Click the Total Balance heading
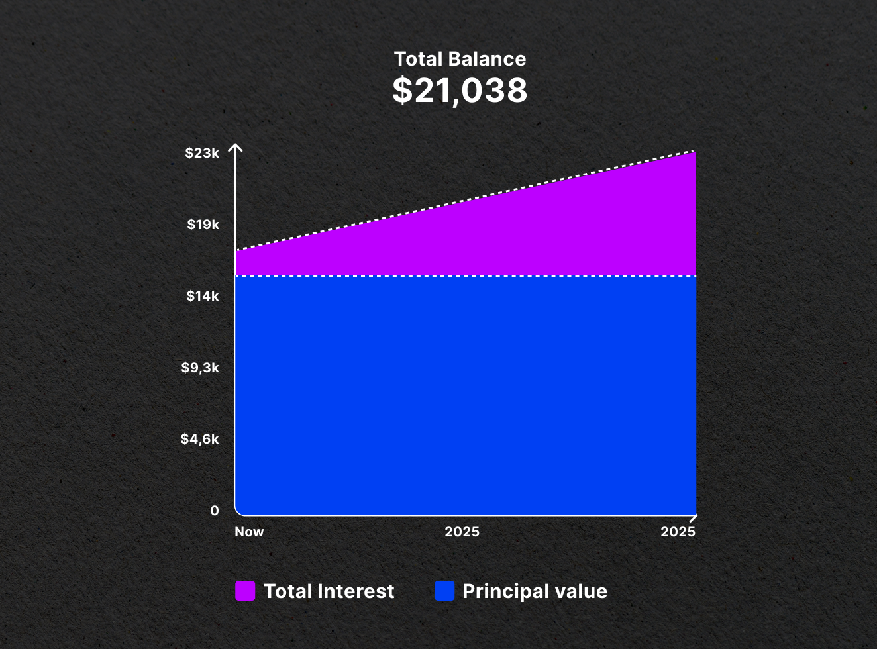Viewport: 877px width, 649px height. click(460, 59)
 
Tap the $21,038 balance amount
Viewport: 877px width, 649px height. click(460, 91)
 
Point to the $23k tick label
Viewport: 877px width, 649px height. click(202, 153)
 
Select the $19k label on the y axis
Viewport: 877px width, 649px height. click(203, 225)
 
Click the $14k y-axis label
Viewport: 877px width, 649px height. click(202, 296)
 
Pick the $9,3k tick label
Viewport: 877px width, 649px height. click(200, 368)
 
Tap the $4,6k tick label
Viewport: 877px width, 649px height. click(199, 439)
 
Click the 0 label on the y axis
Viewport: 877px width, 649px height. click(214, 511)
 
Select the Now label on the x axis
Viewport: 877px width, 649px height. click(249, 532)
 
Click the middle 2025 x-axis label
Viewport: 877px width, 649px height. click(462, 532)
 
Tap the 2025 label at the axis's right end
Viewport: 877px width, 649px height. click(678, 532)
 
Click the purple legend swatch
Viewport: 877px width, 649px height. click(245, 591)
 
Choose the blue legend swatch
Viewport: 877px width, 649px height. click(444, 591)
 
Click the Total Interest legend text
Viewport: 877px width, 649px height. click(329, 591)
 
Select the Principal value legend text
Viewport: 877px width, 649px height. click(535, 591)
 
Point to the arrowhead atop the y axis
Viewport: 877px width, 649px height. click(235, 148)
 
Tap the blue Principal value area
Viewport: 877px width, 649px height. click(464, 397)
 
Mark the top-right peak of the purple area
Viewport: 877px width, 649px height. click(694, 153)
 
